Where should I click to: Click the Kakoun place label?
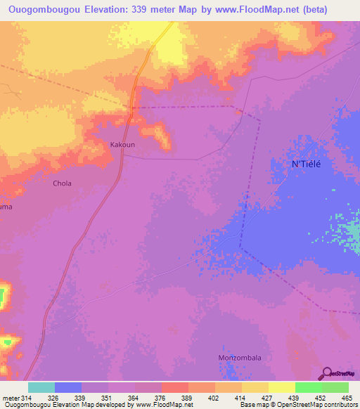coord(122,145)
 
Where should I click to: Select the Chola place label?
coord(63,183)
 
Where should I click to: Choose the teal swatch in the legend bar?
coord(41,387)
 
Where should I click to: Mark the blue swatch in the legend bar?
coord(68,387)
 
